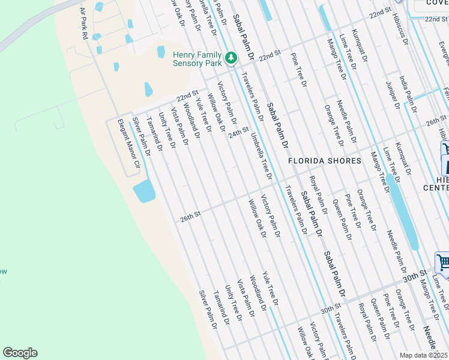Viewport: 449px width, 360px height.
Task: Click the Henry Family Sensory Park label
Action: point(198,58)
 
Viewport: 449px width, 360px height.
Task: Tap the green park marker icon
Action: point(231,58)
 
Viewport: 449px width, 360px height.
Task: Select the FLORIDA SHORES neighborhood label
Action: point(324,161)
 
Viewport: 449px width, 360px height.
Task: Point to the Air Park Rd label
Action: point(84,24)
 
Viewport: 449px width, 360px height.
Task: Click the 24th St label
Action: point(238,131)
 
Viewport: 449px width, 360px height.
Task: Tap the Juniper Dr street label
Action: point(394,95)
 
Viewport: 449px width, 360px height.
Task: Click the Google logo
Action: point(20,353)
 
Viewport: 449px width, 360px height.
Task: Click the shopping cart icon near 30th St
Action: point(442,262)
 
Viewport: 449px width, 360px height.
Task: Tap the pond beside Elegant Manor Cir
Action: point(144,191)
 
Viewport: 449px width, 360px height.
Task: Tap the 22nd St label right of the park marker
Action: point(270,56)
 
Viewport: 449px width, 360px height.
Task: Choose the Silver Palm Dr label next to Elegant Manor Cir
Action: point(142,137)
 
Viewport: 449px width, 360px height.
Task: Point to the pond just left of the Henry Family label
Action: point(161,52)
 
